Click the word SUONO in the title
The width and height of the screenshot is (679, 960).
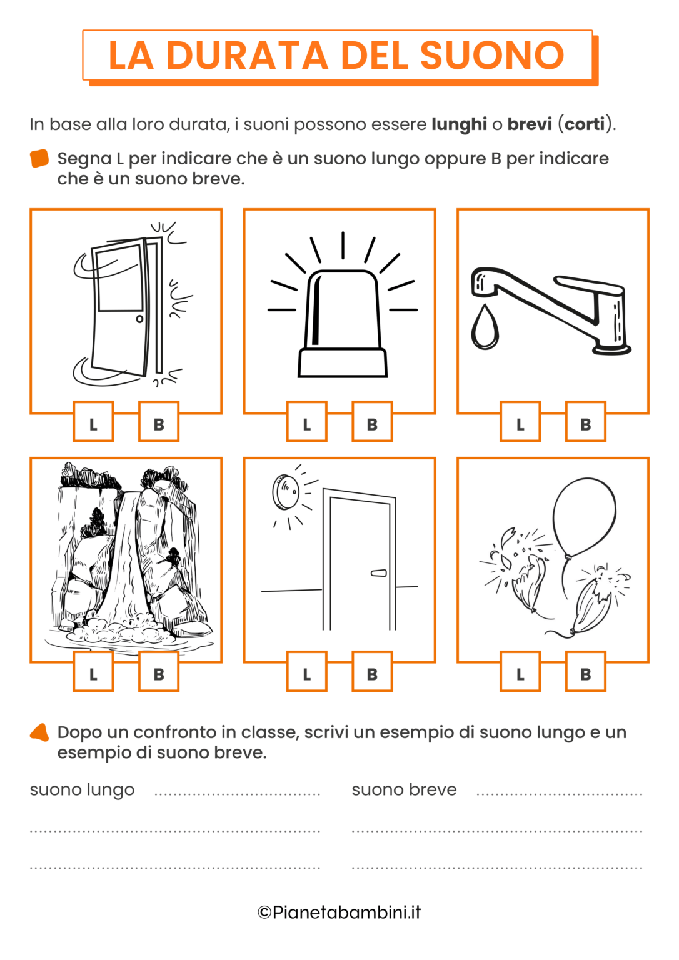(x=492, y=56)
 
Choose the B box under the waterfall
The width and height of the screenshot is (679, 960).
(x=159, y=673)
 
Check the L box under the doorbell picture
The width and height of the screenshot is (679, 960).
(x=306, y=673)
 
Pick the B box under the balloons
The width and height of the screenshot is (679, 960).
(x=585, y=673)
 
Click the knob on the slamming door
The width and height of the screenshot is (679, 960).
(x=139, y=319)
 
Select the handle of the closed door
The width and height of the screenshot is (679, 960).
(x=379, y=572)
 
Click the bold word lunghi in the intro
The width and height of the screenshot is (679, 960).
(x=459, y=124)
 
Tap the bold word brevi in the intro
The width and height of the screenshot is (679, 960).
(x=529, y=124)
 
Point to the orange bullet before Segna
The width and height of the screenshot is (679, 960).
(x=39, y=159)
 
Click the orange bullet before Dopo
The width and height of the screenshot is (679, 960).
(x=39, y=732)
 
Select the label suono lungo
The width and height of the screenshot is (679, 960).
(x=82, y=790)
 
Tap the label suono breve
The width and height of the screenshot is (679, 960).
(x=404, y=790)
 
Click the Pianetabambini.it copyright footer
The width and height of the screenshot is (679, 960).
(x=339, y=912)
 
